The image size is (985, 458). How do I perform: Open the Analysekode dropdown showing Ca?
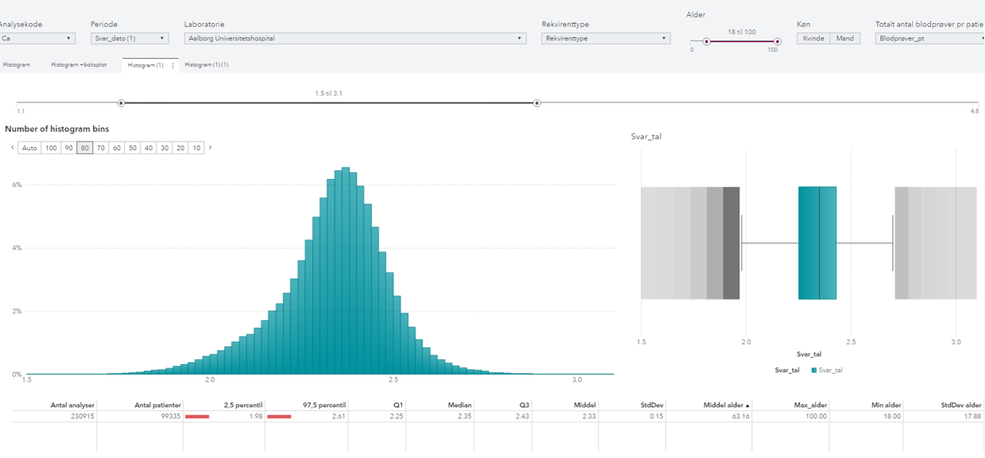click(x=37, y=38)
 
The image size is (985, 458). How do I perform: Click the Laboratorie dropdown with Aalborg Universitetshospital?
click(x=354, y=38)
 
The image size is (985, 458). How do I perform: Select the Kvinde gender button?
click(x=813, y=38)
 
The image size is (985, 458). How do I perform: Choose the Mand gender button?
click(x=844, y=38)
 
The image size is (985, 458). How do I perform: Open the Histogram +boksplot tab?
click(x=79, y=64)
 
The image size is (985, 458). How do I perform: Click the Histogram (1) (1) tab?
click(x=207, y=64)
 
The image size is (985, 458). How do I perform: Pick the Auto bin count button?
click(x=29, y=148)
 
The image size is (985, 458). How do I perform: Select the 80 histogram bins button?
click(x=84, y=148)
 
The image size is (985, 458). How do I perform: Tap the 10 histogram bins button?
click(x=196, y=148)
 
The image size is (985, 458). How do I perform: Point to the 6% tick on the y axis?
click(x=17, y=184)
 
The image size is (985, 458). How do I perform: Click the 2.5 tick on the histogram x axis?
click(x=393, y=380)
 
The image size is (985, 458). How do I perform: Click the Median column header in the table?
click(x=460, y=405)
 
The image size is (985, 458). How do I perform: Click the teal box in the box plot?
click(x=817, y=243)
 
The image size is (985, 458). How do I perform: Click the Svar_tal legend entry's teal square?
click(x=814, y=371)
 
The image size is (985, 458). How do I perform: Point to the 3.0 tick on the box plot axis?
click(x=956, y=342)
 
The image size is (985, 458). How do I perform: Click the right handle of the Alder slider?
click(x=778, y=41)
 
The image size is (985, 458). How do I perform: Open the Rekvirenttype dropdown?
click(x=605, y=38)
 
